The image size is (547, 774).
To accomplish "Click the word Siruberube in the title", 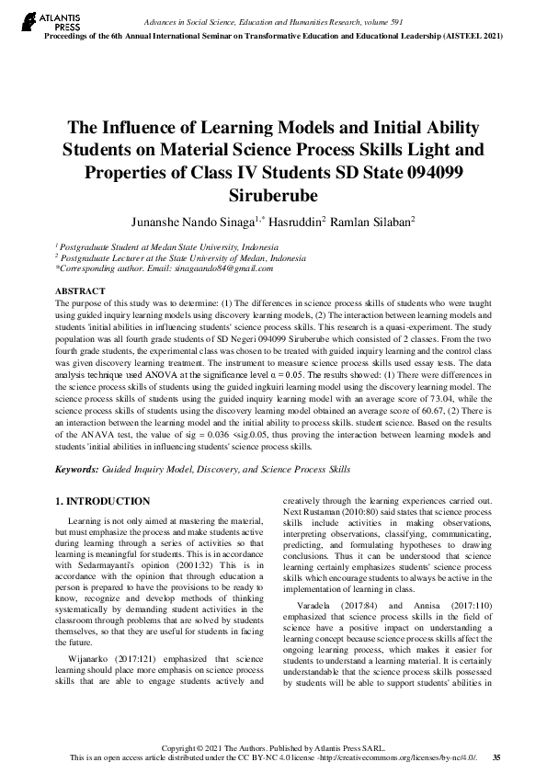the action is pyautogui.click(x=273, y=195).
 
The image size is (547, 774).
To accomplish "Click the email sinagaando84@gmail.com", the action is pyautogui.click(x=225, y=268).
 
